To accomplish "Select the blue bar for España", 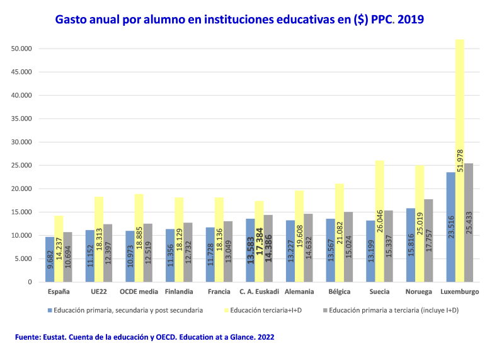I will pyautogui.click(x=49, y=259).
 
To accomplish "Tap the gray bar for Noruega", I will pyautogui.click(x=428, y=240).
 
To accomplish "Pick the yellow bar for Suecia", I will pyautogui.click(x=379, y=221).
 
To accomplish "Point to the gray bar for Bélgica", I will pyautogui.click(x=347, y=247).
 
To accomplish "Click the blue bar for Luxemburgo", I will pyautogui.click(x=450, y=227).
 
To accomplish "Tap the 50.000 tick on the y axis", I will pyautogui.click(x=22, y=49).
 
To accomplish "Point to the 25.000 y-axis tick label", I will pyautogui.click(x=22, y=165).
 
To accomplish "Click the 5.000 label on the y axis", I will pyautogui.click(x=23, y=258).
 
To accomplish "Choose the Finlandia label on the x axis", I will pyautogui.click(x=179, y=293).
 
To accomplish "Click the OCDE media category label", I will pyautogui.click(x=139, y=293).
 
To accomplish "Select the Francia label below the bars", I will pyautogui.click(x=219, y=293).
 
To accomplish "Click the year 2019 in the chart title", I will pyautogui.click(x=409, y=20).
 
